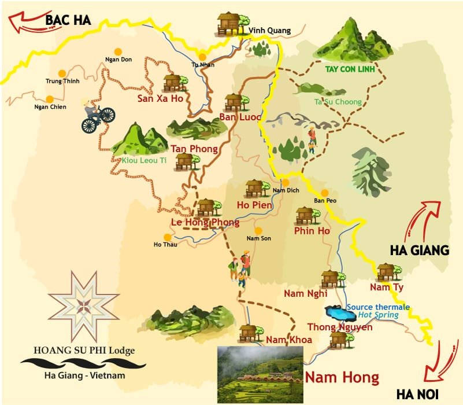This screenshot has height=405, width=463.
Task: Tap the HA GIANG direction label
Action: pos(420,250)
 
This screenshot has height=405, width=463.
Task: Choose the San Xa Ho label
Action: pos(160,98)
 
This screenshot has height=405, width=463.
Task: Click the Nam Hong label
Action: pos(342,378)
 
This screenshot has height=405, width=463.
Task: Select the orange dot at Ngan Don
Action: pos(118,51)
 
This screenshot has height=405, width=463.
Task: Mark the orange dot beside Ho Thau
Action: pos(167,237)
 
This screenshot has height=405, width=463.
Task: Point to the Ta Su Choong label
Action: pos(338,102)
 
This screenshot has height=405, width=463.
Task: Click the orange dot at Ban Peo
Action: pos(325,193)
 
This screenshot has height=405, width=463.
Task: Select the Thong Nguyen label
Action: pos(340,327)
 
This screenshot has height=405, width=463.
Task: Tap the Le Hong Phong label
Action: pos(205,222)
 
